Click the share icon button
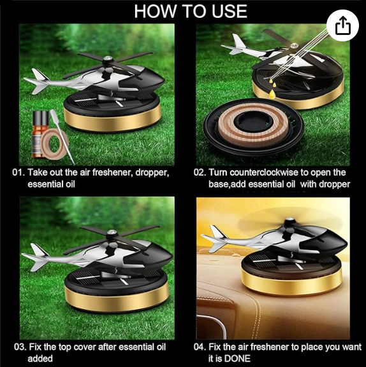click(343, 25)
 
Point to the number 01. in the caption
click(19, 172)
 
